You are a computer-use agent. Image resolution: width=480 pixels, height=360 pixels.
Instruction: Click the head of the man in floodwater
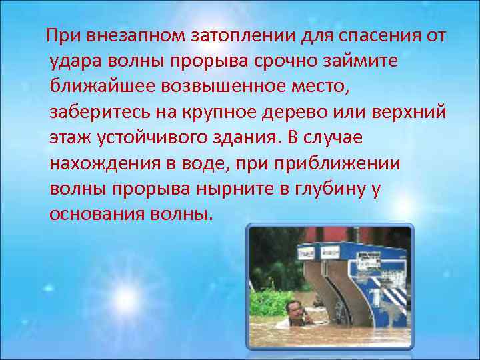[x=293, y=307]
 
